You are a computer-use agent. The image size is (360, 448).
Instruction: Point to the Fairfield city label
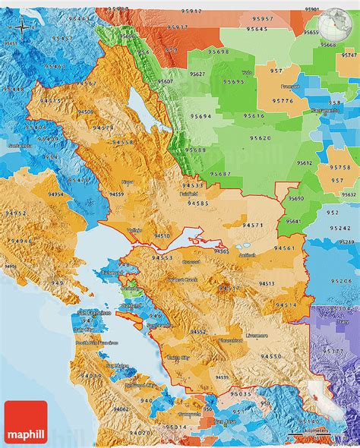188,194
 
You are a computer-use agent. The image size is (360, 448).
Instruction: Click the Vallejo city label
135,230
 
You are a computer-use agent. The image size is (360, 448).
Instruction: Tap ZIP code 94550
271,356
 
